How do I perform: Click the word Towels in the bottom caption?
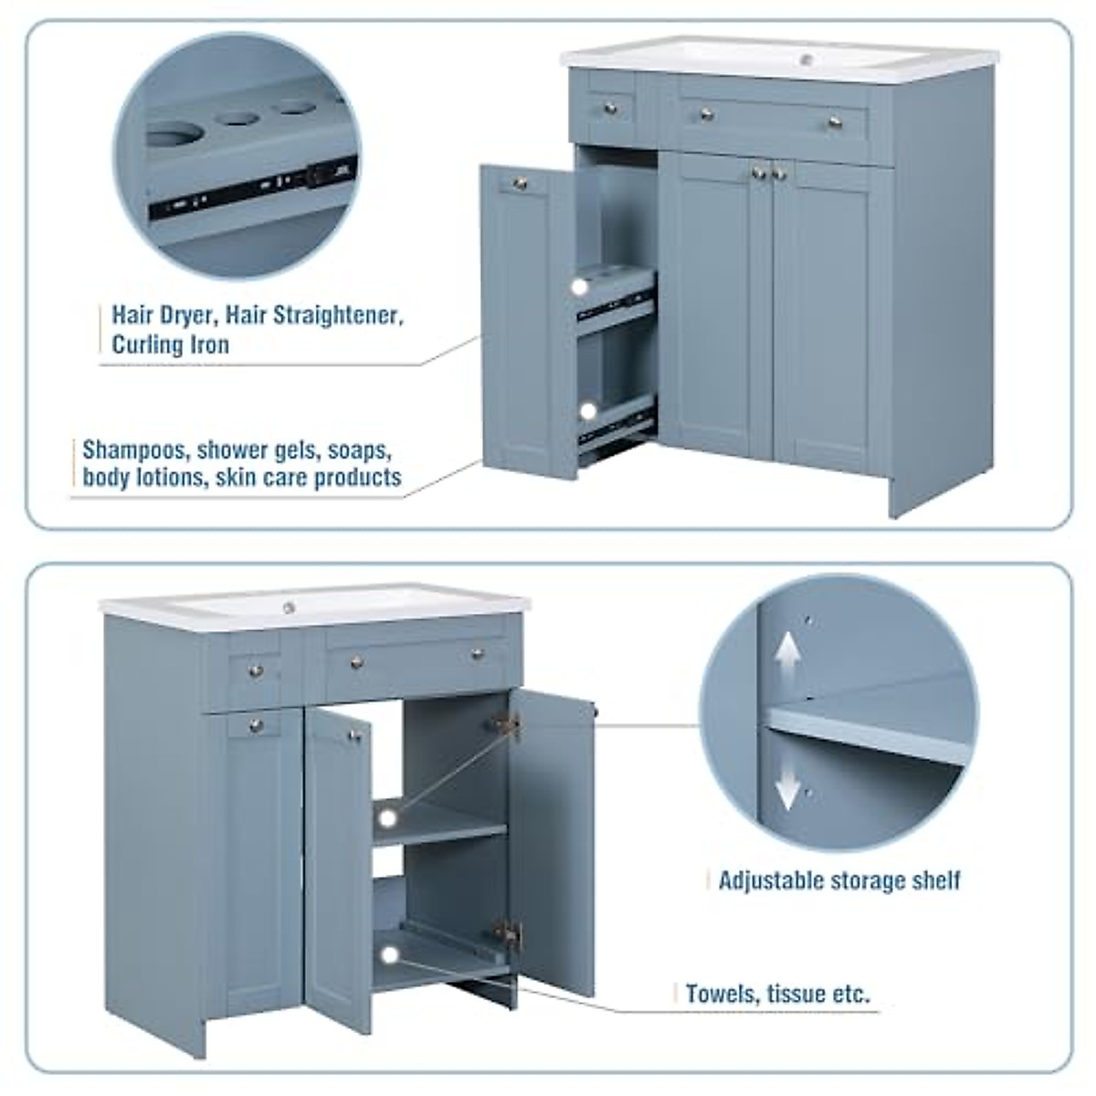719,994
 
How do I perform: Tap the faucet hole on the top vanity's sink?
806,60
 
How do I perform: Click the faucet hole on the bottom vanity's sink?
289,607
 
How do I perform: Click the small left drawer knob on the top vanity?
611,110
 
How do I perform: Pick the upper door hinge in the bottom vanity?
505,725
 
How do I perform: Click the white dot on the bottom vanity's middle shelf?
389,816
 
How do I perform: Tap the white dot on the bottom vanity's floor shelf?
390,955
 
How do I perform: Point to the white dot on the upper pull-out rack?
579,287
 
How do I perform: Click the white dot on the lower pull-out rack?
588,411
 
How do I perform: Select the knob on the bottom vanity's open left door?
353,734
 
